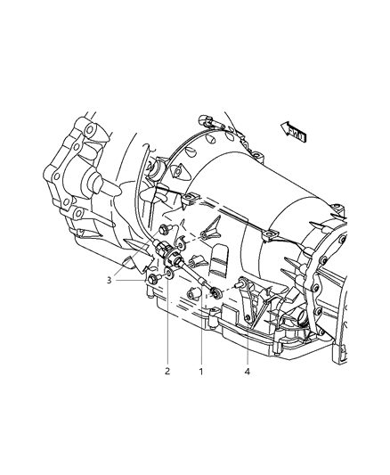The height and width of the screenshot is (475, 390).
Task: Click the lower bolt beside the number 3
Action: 155,282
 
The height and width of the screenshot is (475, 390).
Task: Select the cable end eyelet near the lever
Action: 215,294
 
